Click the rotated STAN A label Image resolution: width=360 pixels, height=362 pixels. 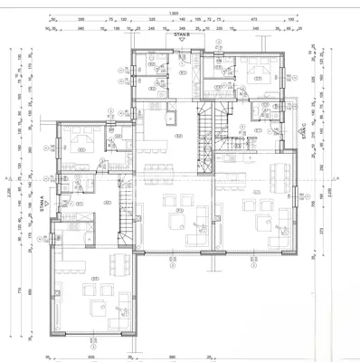click(43, 206)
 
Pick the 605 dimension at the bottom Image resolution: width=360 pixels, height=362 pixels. click(90, 357)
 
